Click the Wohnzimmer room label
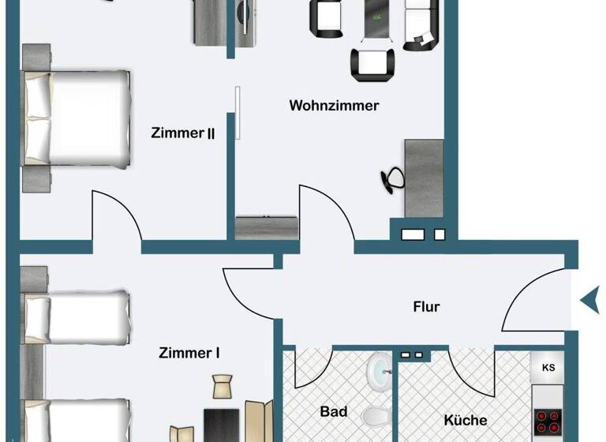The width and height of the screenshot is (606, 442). click(334, 105)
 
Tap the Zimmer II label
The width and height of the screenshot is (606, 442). click(182, 133)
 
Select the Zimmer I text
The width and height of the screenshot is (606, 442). click(189, 353)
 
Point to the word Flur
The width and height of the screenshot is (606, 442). click(426, 306)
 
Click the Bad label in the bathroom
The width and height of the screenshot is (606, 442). click(334, 411)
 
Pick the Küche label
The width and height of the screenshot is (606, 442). click(465, 420)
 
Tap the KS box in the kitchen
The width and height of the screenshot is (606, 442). click(548, 368)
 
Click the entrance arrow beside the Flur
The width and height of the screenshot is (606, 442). click(589, 300)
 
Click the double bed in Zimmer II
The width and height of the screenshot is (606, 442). click(77, 118)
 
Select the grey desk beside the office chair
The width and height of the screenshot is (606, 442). click(424, 178)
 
